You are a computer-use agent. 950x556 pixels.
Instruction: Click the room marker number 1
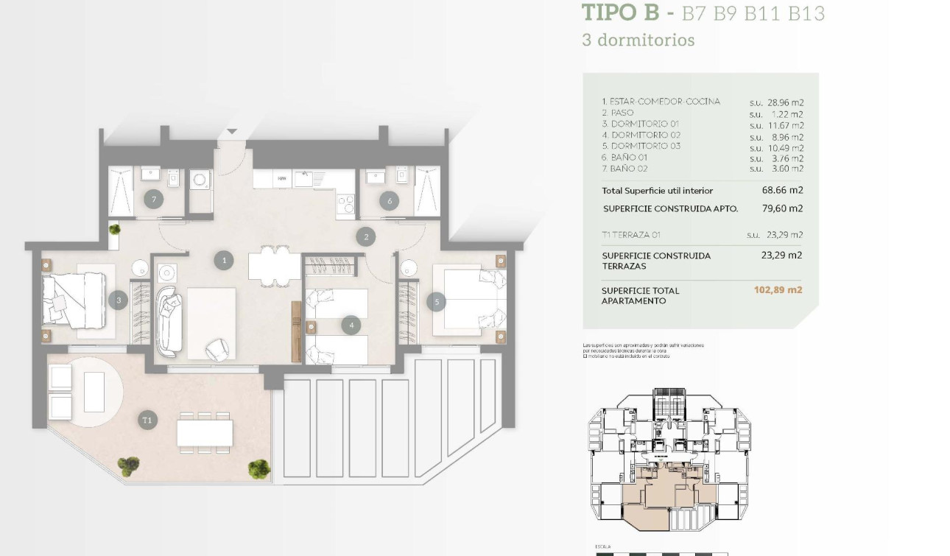[224, 260]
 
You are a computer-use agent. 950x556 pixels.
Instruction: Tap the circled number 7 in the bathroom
[153, 199]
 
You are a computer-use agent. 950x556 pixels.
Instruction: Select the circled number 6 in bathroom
[389, 200]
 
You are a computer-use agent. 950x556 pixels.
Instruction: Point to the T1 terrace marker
[147, 420]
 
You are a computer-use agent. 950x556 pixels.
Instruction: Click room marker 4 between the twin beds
[352, 325]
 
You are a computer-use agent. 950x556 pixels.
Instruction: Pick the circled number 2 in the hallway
[366, 236]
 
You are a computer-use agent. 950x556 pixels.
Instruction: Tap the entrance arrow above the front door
[232, 132]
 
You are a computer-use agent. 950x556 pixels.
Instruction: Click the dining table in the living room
[274, 266]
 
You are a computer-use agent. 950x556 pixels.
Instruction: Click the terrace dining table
[205, 432]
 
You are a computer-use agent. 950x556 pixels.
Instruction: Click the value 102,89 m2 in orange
[778, 290]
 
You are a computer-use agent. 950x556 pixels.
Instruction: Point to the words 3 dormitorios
[638, 40]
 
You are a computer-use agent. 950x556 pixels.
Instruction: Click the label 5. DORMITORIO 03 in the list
[641, 147]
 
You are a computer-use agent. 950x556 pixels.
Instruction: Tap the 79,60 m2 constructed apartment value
[782, 208]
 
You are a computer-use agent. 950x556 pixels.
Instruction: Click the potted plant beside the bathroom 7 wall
[115, 229]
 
